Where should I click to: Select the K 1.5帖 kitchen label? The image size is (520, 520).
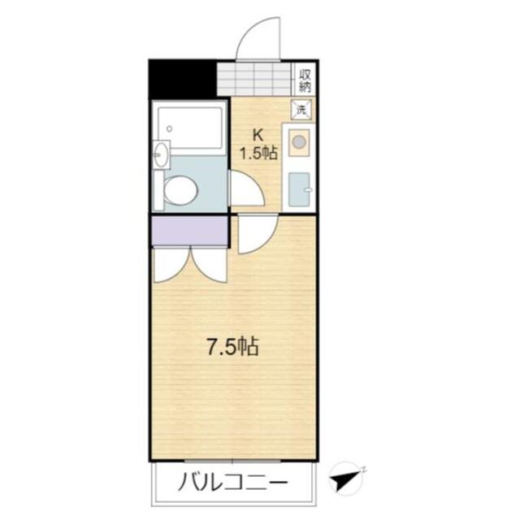point(257,144)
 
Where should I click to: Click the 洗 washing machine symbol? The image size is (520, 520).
point(301,109)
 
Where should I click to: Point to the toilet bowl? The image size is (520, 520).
point(180,192)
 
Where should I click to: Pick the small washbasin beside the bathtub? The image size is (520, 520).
point(160,154)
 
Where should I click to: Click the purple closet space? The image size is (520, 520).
point(189,232)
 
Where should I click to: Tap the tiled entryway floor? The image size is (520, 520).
point(254,79)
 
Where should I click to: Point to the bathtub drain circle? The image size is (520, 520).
point(169,127)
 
